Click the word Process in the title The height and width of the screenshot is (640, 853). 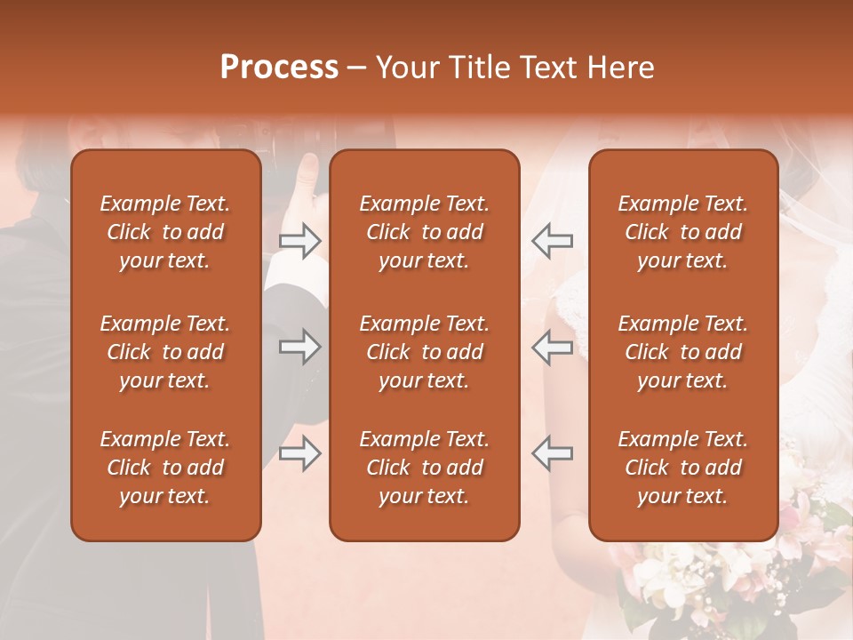click(279, 68)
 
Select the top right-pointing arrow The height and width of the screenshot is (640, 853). click(300, 241)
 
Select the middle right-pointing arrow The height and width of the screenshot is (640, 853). click(300, 347)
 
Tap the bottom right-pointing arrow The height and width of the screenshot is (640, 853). click(300, 453)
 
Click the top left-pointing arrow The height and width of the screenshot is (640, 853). click(552, 241)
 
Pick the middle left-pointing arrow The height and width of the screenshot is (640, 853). click(552, 347)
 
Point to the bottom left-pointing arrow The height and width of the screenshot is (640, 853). click(552, 453)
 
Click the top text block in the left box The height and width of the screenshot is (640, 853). click(165, 232)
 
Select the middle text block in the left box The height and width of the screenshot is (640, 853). click(165, 352)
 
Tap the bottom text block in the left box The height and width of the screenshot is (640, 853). click(165, 468)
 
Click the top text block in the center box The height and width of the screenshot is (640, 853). click(424, 232)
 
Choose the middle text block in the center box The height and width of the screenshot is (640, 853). click(424, 352)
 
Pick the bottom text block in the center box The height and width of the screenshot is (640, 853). click(424, 468)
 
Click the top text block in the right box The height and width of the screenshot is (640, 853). click(682, 232)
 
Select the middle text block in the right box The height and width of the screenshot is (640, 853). click(682, 352)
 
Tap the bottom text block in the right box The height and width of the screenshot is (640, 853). click(682, 468)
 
